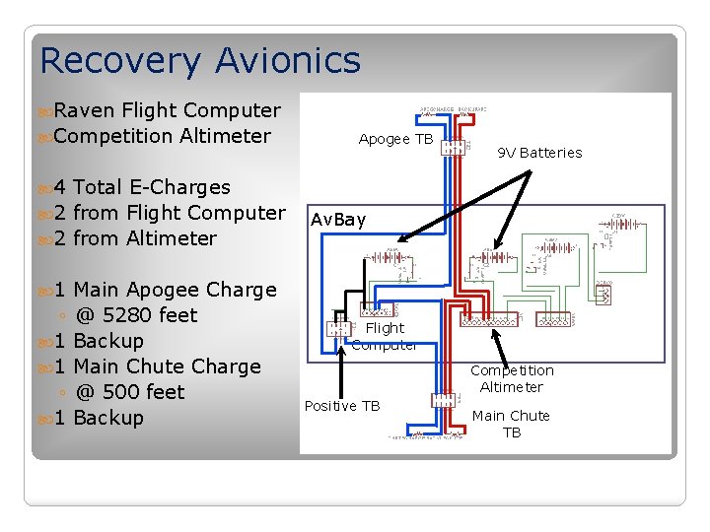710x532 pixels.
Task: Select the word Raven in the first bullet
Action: [x=85, y=110]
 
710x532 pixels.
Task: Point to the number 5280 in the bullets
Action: [x=126, y=315]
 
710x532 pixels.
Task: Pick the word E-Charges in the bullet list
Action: [x=185, y=187]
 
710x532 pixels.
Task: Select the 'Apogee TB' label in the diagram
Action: [x=395, y=139]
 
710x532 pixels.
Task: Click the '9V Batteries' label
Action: [x=539, y=153]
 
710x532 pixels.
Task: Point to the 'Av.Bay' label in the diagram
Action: [x=338, y=220]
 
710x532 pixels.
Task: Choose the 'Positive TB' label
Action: [x=342, y=406]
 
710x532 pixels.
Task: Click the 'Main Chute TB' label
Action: [x=511, y=424]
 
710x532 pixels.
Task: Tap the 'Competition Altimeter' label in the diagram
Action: [x=512, y=378]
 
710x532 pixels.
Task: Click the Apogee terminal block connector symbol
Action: [x=454, y=148]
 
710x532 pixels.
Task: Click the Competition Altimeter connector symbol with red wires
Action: [x=490, y=321]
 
